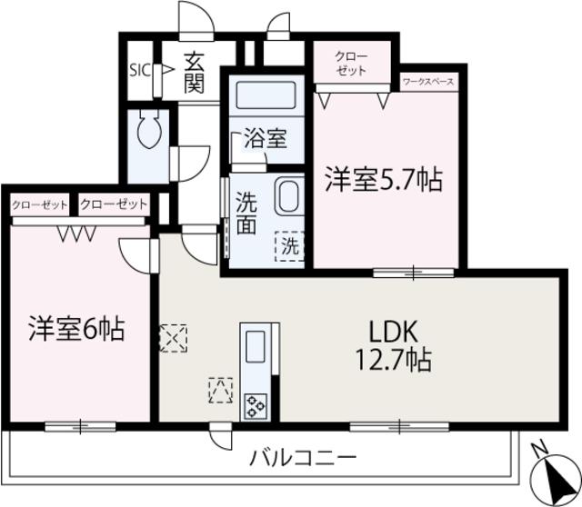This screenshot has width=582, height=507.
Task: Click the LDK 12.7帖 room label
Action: click(x=394, y=345)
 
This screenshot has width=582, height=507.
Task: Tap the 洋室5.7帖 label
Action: click(x=384, y=180)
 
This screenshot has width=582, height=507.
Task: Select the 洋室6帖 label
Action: click(x=76, y=329)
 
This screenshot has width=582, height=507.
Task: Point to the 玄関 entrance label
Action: click(x=195, y=73)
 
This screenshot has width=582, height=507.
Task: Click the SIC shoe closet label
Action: click(x=140, y=70)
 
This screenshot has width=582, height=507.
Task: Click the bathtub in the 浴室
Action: click(x=266, y=94)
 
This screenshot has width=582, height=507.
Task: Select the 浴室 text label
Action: click(x=266, y=139)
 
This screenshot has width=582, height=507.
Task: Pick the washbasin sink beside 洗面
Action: click(x=289, y=196)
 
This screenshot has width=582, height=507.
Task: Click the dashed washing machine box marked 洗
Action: click(x=289, y=246)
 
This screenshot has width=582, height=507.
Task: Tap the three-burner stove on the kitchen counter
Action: click(x=256, y=406)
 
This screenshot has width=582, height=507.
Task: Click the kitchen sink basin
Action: click(x=256, y=345)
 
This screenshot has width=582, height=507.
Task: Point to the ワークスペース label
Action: click(x=428, y=82)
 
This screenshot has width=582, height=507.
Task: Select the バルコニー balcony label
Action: click(x=303, y=459)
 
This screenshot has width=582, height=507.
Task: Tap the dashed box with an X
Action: click(x=173, y=338)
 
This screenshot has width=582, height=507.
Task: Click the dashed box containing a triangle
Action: click(x=221, y=390)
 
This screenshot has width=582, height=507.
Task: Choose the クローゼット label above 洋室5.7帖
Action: click(x=351, y=64)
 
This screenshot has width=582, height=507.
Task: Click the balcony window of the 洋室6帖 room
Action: click(x=80, y=426)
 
